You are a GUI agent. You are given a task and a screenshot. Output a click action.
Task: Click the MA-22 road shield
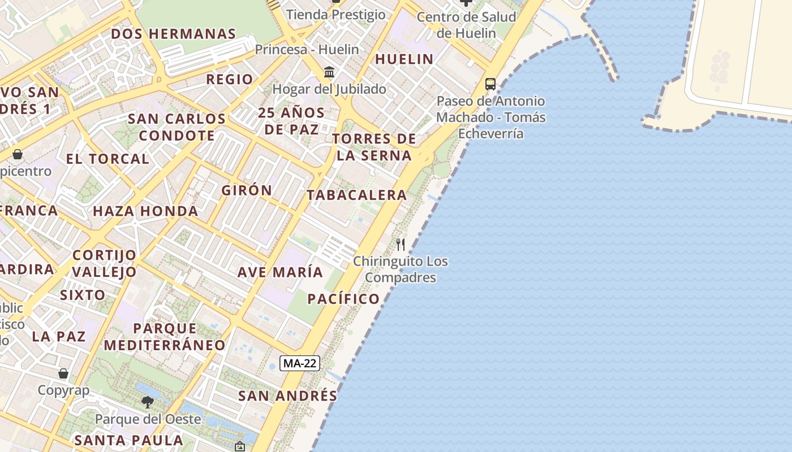pos(300,363)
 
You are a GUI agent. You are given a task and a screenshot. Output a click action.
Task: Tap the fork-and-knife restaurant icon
pos(401,245)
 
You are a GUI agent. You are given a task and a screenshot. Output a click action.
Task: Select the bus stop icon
pos(490,84)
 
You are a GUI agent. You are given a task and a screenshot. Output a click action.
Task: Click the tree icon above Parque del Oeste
pos(148,402)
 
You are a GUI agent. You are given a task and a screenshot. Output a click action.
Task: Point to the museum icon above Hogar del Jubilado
pos(329,72)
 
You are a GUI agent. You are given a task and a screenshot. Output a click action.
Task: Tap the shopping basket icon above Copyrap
pos(63,373)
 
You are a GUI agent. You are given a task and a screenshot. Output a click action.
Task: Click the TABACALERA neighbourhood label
pos(356,195)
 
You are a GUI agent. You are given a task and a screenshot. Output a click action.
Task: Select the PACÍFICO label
pos(343,299)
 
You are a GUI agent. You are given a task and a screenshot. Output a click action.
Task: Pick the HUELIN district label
pos(404,59)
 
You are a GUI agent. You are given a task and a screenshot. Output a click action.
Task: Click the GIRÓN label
pos(247,190)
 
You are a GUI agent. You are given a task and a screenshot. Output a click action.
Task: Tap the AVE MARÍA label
pos(280,272)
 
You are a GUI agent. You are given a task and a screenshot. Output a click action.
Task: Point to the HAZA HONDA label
pos(145,211)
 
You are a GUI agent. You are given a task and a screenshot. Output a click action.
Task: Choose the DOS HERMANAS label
pos(173,34)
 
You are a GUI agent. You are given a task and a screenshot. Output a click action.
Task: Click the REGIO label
pos(229,79)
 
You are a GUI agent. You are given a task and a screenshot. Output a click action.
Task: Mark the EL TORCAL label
pos(107,159)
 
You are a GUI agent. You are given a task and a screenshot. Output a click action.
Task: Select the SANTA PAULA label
pos(129,440)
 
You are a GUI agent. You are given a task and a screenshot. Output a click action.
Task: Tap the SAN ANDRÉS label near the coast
pos(287,395)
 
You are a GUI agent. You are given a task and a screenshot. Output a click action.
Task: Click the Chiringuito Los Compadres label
pos(401,270)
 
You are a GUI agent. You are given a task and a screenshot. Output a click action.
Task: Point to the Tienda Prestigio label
pos(335,14)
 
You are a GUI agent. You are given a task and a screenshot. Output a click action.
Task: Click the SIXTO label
pos(83,295)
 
